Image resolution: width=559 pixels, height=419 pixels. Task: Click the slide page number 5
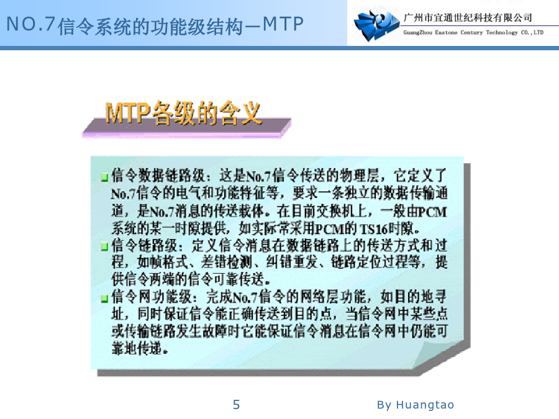click(236, 405)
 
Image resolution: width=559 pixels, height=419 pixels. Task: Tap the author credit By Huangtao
click(416, 405)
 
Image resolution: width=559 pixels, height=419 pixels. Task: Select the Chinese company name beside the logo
click(467, 17)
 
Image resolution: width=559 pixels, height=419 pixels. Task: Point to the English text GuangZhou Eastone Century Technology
click(460, 32)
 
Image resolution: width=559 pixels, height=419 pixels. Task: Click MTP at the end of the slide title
click(283, 25)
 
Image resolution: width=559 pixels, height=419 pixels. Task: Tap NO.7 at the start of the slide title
click(30, 25)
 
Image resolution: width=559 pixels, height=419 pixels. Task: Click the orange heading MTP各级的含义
click(183, 114)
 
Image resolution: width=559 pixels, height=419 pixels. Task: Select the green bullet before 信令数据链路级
click(104, 177)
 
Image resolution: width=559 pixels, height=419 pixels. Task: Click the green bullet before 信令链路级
click(104, 246)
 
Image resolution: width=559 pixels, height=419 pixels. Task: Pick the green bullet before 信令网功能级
click(104, 298)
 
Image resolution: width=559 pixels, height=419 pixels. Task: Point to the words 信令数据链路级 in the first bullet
click(158, 176)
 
